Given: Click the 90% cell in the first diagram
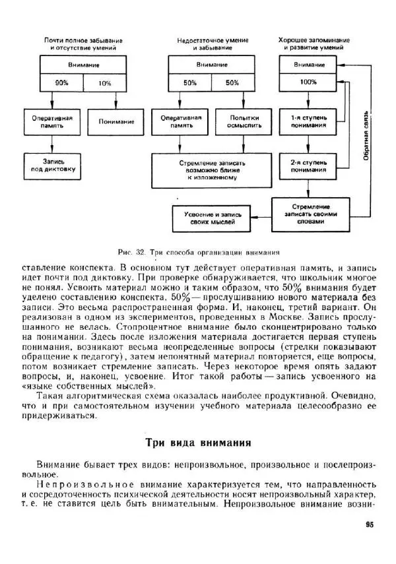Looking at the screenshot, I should click(62, 83).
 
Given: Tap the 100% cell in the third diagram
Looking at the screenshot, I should click(308, 82).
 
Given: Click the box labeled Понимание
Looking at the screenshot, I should click(116, 121).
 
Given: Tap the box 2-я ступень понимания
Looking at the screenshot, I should click(308, 166).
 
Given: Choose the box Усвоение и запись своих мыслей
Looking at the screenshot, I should click(213, 218).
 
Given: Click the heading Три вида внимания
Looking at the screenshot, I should click(197, 443).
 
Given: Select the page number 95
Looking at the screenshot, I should click(369, 525).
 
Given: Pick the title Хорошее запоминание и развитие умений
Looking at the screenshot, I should click(314, 44).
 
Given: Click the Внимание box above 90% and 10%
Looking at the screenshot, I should click(84, 65).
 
